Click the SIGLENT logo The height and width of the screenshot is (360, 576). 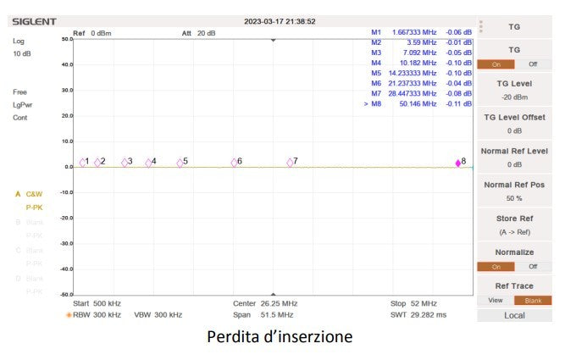click(35, 21)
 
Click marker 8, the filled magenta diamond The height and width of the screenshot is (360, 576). click(458, 163)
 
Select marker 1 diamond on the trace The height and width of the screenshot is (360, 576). click(83, 162)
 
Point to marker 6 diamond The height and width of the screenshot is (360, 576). click(235, 162)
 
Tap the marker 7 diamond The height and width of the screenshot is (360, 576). click(290, 162)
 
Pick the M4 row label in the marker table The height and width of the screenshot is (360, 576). click(376, 63)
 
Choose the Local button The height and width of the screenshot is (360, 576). click(514, 315)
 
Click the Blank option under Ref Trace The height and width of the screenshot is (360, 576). click(533, 300)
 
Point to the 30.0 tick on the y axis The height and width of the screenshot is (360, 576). click(67, 90)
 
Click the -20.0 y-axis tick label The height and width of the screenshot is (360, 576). click(65, 218)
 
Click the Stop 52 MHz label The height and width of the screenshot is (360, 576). click(413, 302)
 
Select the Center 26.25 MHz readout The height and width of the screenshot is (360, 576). click(264, 302)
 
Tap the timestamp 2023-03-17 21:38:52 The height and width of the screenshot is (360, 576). click(280, 21)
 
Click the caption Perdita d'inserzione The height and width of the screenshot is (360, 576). click(280, 337)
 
